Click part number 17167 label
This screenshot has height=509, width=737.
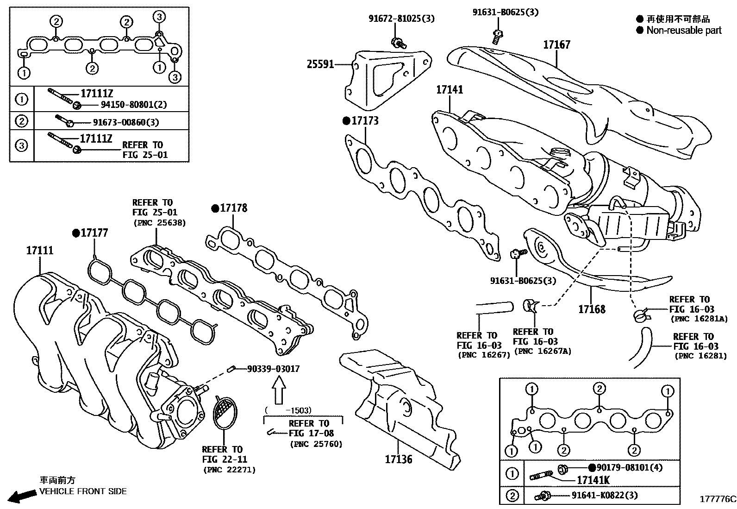556,45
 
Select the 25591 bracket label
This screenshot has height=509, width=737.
320,64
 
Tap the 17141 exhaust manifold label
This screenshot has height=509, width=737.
449,89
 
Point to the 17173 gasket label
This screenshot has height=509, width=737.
365,121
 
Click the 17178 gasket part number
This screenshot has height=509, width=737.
233,208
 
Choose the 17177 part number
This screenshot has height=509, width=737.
94,233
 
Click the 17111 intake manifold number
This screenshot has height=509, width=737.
39,251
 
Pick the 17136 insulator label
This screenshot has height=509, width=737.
398,459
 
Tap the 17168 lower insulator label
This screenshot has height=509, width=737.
592,309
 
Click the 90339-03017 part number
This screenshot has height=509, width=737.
273,369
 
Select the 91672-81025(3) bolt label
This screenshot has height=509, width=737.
401,19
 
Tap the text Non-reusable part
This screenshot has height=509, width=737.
683,31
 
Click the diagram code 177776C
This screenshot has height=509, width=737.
717,499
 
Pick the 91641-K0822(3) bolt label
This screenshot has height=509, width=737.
604,495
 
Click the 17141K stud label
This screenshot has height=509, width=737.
593,480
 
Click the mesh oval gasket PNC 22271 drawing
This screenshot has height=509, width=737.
224,415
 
